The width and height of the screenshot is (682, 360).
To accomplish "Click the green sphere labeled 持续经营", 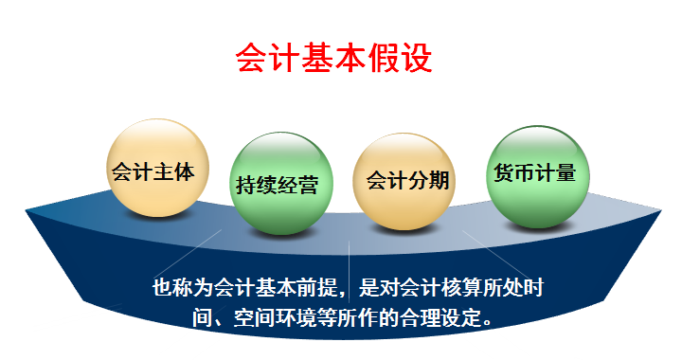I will (275, 184).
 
